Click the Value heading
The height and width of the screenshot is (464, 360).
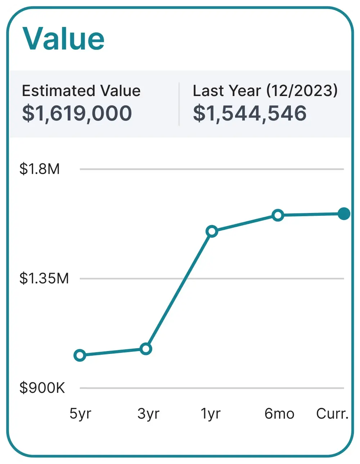tap(63, 38)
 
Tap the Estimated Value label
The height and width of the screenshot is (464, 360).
tap(81, 91)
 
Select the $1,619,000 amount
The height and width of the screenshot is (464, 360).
tap(77, 113)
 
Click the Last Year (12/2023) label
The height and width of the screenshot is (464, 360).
tap(265, 91)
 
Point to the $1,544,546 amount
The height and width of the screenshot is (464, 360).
tap(250, 113)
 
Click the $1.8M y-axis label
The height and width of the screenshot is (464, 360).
tap(40, 169)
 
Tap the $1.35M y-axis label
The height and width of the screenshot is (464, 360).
tap(44, 278)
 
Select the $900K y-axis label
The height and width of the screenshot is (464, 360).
tap(42, 388)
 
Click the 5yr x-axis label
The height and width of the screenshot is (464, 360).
tap(80, 414)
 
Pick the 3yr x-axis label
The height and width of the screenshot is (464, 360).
tap(148, 414)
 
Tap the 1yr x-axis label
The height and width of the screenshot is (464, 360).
tap(211, 414)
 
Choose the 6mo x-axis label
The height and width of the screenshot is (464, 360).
tap(279, 414)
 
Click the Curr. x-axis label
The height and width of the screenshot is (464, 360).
tap(332, 414)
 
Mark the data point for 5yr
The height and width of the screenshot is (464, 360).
tap(80, 355)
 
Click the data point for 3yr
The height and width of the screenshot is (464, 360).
tap(146, 349)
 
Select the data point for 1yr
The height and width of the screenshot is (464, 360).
tap(212, 231)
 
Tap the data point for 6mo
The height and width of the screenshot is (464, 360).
tap(278, 215)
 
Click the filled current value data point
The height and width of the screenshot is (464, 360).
tap(344, 214)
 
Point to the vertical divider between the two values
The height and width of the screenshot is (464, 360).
tap(179, 104)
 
